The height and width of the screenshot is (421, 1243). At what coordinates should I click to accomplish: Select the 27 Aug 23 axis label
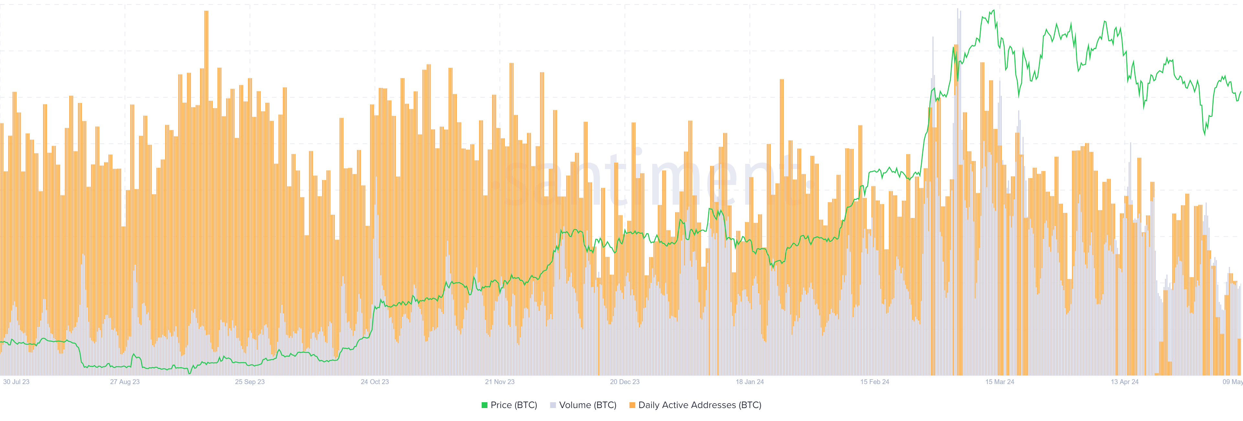(125, 382)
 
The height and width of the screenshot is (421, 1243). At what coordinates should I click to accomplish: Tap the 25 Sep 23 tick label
(250, 382)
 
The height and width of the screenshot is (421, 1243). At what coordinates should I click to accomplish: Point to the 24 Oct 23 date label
(375, 382)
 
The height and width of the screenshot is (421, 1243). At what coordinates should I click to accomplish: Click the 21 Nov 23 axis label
(499, 382)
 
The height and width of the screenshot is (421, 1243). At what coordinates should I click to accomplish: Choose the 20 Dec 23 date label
(624, 382)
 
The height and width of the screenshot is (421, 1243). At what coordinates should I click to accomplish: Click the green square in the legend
(485, 405)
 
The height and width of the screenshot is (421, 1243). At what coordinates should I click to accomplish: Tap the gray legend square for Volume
(553, 405)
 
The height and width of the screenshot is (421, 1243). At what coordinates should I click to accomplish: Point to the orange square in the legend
(632, 405)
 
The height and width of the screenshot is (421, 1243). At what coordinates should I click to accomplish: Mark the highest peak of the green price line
(993, 10)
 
